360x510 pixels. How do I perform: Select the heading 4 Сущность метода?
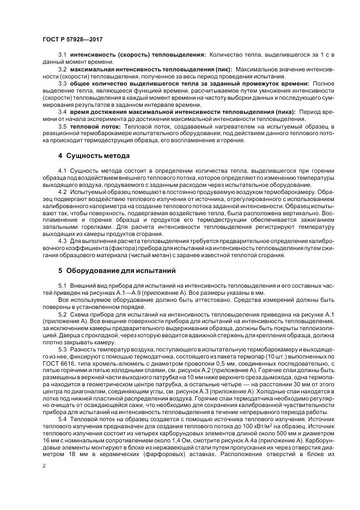coord(94,156)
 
